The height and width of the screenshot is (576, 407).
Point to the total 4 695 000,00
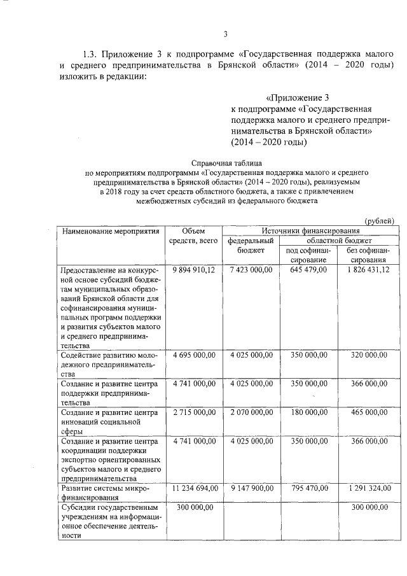(195, 355)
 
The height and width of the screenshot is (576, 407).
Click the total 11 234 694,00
(195, 488)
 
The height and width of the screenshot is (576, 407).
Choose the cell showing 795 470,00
(308, 488)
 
